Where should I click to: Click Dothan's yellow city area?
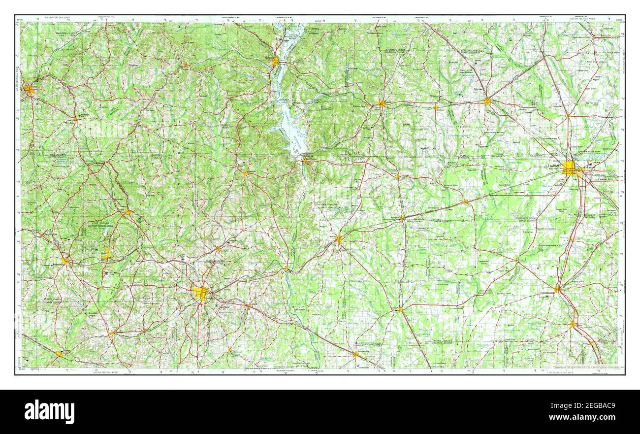click(x=200, y=293)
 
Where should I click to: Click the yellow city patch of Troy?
click(x=29, y=90)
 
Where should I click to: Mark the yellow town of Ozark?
click(x=128, y=212)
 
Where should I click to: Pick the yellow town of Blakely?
click(x=338, y=239)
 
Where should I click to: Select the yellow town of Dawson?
click(x=487, y=101)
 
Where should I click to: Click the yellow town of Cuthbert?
click(x=382, y=103)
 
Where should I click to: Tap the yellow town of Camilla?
click(x=557, y=289)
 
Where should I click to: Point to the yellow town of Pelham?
click(x=573, y=324)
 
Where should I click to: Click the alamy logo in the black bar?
click(x=49, y=411)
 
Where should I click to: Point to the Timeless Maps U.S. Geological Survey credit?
click(x=585, y=367)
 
